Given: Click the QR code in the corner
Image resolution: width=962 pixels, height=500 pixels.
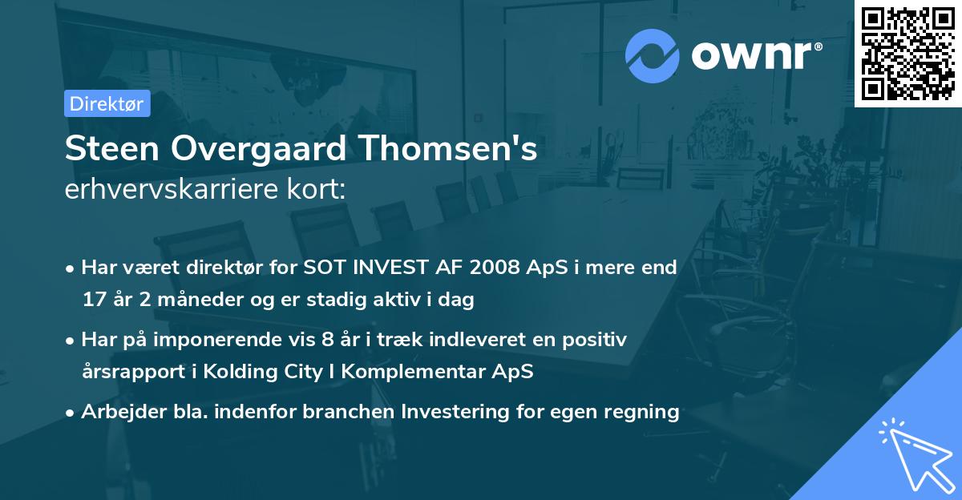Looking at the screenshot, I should [x=907, y=54].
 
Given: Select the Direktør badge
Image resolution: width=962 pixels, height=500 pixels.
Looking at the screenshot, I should [x=107, y=103].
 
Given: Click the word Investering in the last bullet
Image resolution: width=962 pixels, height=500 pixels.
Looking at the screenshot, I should [x=458, y=412].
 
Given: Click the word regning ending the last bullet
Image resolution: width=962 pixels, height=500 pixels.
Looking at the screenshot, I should [x=645, y=412].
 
